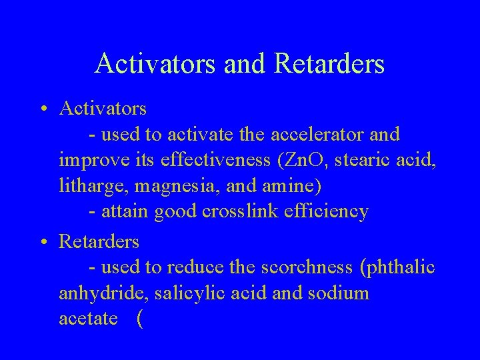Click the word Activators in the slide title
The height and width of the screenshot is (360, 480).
point(153,64)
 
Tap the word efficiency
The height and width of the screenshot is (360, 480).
point(329,212)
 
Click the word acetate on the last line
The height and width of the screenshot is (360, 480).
point(89,319)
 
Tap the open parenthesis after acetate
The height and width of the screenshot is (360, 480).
point(139,319)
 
